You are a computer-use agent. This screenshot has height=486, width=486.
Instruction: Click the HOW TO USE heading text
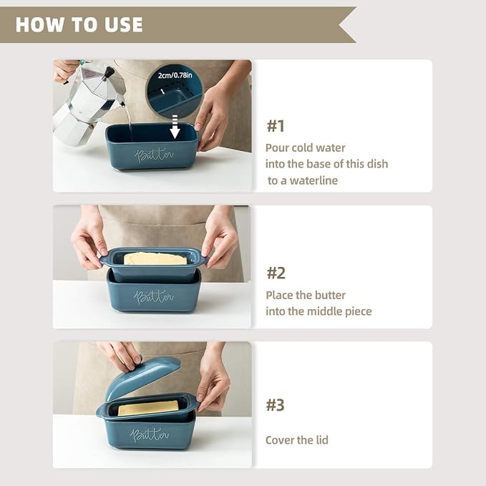click(x=79, y=24)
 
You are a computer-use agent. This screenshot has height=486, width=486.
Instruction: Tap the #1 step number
click(x=276, y=126)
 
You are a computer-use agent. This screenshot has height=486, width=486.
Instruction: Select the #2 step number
click(x=276, y=273)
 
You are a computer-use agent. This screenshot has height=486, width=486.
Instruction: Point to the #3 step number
click(x=276, y=405)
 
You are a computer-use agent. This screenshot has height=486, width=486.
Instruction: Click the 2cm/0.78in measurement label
click(x=175, y=75)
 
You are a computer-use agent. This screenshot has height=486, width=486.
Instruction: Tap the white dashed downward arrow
click(x=175, y=127)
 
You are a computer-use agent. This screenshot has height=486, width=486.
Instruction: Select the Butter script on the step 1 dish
click(x=154, y=155)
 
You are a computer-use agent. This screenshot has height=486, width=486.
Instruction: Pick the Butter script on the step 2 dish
click(x=154, y=296)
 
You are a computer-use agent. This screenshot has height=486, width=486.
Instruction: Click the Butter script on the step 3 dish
click(x=150, y=434)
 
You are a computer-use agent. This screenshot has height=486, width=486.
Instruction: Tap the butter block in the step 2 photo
click(x=155, y=259)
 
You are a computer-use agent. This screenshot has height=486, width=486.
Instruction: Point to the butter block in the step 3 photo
click(x=148, y=408)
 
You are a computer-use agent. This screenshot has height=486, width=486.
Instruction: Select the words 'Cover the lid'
click(x=296, y=439)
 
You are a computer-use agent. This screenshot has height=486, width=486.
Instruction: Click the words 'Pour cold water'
click(x=306, y=148)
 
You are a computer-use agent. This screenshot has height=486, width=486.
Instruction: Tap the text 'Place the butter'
click(x=306, y=295)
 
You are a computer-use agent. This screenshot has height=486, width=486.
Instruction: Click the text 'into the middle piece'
click(x=319, y=311)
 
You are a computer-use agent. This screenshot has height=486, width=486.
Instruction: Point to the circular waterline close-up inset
click(x=174, y=91)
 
